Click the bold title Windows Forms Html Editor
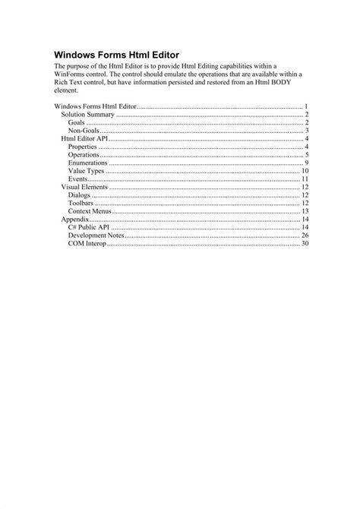click(x=116, y=55)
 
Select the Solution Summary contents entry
click(x=87, y=114)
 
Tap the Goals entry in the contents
click(x=76, y=122)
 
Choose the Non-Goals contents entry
click(x=84, y=130)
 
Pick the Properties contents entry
click(x=83, y=147)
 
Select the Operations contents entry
click(x=84, y=155)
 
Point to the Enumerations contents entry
click(x=87, y=163)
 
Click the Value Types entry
click(x=86, y=171)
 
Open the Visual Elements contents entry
click(x=84, y=187)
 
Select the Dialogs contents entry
click(x=79, y=195)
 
